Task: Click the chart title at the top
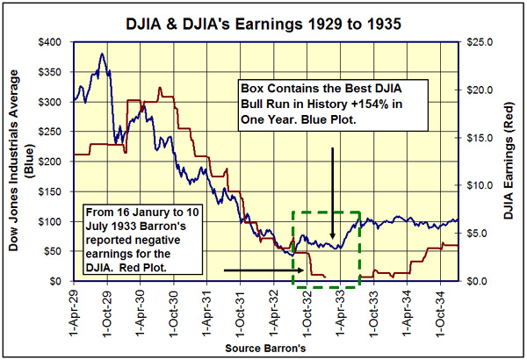(x=263, y=19)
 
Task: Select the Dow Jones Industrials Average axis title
(x=19, y=162)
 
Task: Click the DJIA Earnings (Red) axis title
(x=508, y=162)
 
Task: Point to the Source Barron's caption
(x=263, y=349)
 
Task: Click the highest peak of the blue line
(x=104, y=54)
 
